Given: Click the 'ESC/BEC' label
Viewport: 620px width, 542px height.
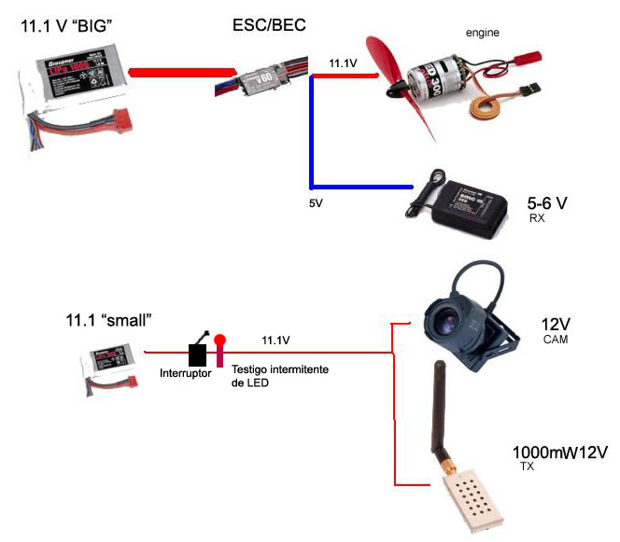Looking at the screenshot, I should tap(268, 25).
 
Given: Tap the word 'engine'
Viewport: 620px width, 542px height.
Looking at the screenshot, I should tap(483, 33).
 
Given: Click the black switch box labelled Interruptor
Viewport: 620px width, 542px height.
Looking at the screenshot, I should tap(198, 354).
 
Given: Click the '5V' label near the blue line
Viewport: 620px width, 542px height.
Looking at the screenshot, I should tap(317, 202).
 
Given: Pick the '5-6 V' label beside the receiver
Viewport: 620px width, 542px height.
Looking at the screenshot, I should tap(547, 202).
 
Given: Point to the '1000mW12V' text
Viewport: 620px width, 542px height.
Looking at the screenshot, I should tap(561, 452).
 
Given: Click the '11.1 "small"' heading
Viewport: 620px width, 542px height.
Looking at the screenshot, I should tap(108, 321).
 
